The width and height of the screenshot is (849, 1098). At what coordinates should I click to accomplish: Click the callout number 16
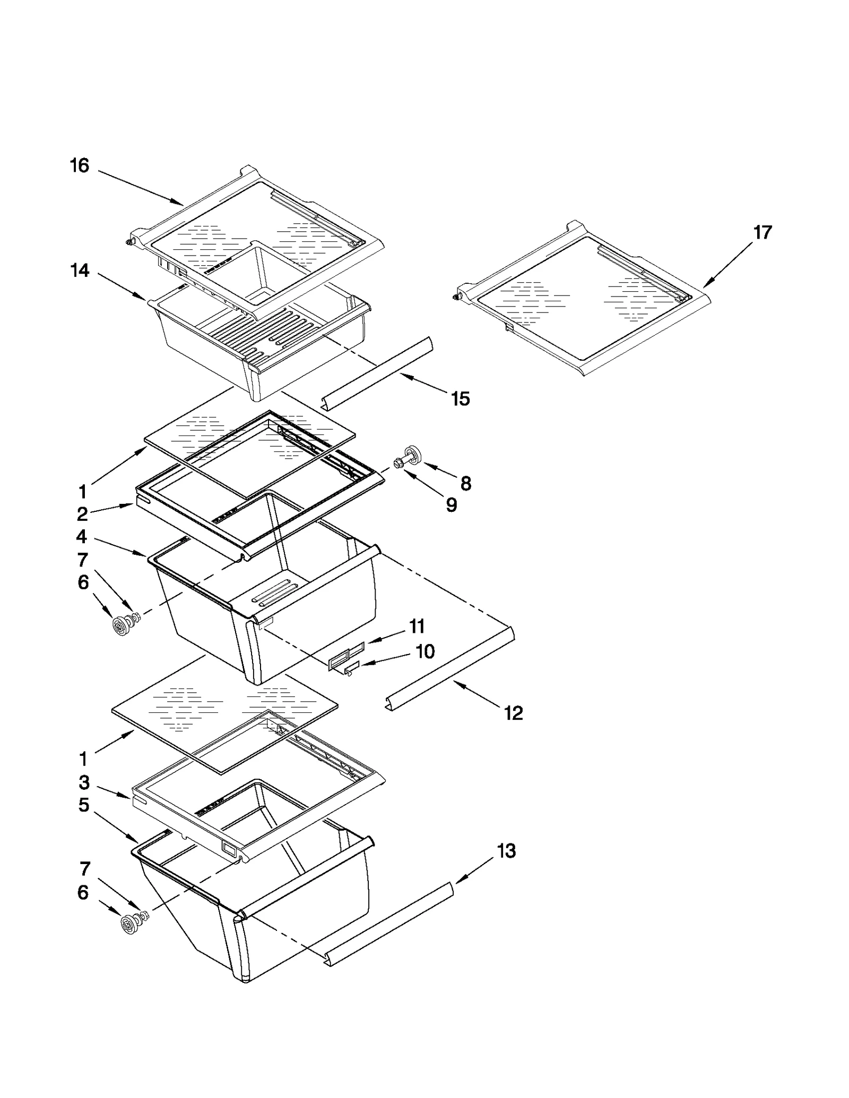tap(80, 166)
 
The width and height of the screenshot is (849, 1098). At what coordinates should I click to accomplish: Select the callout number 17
tap(763, 232)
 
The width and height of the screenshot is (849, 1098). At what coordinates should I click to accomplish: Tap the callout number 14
tap(80, 271)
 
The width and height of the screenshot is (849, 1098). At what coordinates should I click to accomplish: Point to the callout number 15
tap(460, 398)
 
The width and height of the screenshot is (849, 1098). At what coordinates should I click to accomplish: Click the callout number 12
tap(513, 713)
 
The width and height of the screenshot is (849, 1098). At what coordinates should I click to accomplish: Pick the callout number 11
tap(417, 626)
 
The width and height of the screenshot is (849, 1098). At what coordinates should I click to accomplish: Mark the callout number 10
tap(424, 651)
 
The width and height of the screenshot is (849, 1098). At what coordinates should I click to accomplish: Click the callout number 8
tap(465, 483)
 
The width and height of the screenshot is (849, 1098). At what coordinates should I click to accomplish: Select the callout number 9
tap(451, 506)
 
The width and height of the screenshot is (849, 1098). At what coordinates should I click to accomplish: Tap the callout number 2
tap(82, 514)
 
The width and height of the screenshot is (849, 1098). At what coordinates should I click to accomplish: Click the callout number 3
tap(84, 782)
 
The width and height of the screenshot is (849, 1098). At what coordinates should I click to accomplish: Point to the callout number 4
tap(81, 537)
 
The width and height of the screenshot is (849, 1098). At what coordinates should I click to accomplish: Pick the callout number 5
tap(83, 805)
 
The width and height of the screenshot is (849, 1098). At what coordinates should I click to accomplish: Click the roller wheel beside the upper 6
tap(123, 625)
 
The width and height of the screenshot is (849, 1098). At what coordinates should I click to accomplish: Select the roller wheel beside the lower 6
tap(129, 926)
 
